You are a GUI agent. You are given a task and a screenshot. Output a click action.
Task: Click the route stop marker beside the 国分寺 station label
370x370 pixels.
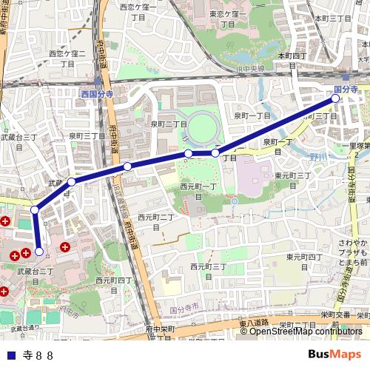click(x=335, y=98)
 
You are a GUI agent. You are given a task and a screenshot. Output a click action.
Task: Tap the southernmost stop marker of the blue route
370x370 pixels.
click(x=39, y=252)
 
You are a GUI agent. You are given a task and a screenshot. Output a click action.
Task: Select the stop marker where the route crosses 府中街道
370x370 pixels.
click(x=127, y=166)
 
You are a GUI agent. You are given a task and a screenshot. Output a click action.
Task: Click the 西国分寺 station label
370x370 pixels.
click(x=97, y=95)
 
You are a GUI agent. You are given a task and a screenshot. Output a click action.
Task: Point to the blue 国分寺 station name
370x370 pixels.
click(x=346, y=89)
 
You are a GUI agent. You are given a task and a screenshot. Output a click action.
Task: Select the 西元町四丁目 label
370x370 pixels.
click(x=113, y=285)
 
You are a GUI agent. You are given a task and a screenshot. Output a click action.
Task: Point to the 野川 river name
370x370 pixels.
click(x=318, y=158)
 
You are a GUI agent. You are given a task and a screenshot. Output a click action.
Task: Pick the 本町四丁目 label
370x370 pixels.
click(x=292, y=60)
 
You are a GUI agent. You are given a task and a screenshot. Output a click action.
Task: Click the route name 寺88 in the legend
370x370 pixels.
click(x=38, y=354)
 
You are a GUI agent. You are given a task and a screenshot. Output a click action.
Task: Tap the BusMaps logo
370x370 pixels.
click(x=334, y=354)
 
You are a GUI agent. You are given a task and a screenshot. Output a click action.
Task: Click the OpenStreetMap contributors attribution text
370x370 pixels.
click(x=306, y=331)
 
